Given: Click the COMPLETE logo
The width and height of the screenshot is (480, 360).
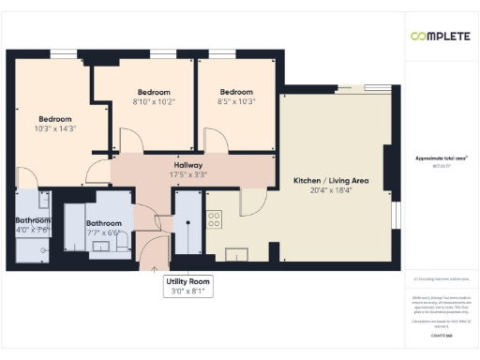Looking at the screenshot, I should (x=439, y=36).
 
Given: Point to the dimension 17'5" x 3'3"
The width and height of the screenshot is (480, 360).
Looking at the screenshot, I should (x=187, y=174).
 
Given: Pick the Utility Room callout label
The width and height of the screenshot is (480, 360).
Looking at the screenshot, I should (x=188, y=281).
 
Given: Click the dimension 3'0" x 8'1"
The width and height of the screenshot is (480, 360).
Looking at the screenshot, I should (x=188, y=292).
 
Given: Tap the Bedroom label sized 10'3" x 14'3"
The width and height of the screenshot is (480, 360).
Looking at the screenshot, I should (x=55, y=119).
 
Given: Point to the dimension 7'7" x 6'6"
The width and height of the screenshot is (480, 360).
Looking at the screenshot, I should (x=103, y=232).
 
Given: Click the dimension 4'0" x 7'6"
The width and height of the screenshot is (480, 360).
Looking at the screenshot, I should (x=33, y=230).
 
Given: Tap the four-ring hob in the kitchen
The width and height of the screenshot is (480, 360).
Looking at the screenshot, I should (x=214, y=221).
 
